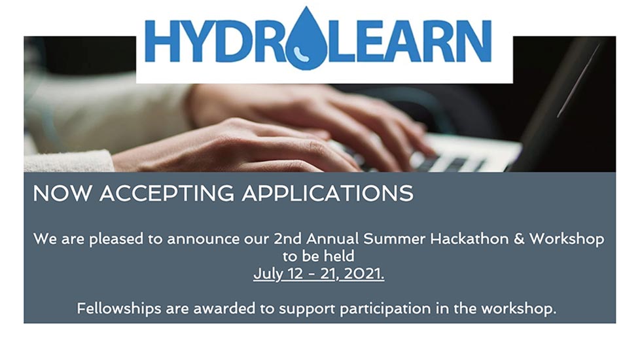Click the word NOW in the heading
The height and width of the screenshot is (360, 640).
(x=62, y=193)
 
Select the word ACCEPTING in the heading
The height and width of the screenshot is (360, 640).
(x=167, y=194)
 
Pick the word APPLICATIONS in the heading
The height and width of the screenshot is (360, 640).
(x=328, y=194)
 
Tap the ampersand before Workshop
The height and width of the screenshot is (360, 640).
(x=519, y=239)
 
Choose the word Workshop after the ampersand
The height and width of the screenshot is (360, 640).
(x=567, y=239)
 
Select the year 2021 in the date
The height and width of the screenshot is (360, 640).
(x=364, y=274)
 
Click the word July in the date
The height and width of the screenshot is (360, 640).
(x=268, y=274)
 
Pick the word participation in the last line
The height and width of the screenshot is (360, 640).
(x=385, y=309)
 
